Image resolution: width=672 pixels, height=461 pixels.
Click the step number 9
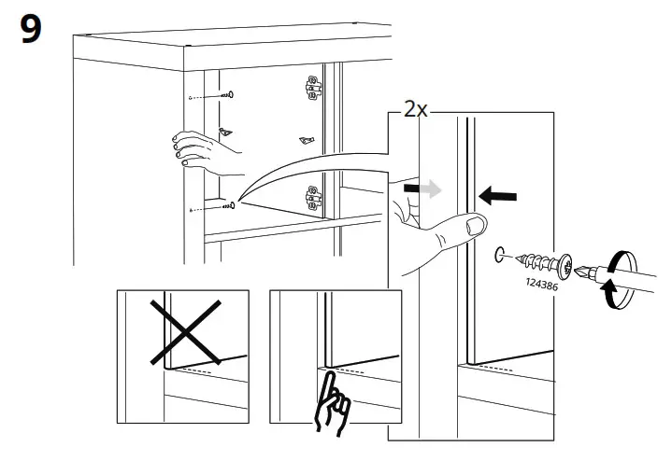30,30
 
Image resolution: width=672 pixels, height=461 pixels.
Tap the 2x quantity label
415,109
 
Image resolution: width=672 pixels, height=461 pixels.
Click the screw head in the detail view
564,260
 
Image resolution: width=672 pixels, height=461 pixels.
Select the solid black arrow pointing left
496,196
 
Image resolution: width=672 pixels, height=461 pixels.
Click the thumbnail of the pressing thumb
476,226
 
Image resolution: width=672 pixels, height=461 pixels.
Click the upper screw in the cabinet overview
226,95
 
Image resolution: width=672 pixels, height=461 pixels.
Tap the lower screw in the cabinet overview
226,206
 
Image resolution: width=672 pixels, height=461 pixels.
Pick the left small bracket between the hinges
223,132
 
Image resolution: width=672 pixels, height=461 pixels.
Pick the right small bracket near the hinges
306,140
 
